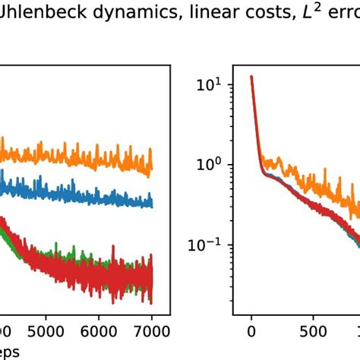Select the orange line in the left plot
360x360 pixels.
[x=76, y=156]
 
